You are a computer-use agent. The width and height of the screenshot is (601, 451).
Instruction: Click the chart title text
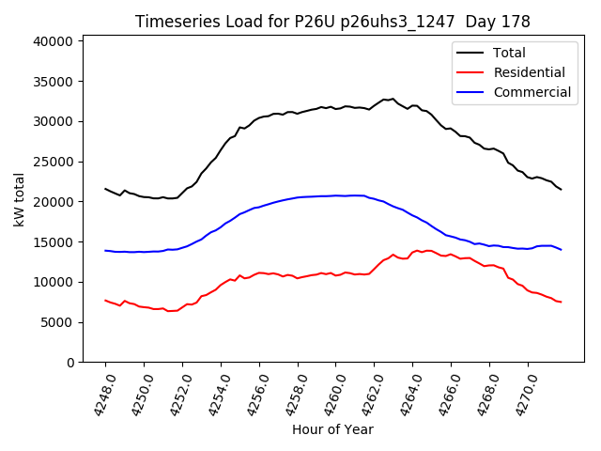[x=332, y=22]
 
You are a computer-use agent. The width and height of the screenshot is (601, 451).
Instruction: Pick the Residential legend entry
[x=529, y=72]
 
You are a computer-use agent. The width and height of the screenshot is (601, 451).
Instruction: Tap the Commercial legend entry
[x=532, y=92]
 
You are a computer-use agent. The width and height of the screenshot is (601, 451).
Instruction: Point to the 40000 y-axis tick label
[x=54, y=41]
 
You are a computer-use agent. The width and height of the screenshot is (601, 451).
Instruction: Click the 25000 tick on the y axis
[x=54, y=162]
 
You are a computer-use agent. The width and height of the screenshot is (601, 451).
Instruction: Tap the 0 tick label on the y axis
[x=70, y=363]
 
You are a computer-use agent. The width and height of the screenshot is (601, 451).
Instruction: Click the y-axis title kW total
[x=19, y=199]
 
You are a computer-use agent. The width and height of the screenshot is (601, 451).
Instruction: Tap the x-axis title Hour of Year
[x=332, y=429]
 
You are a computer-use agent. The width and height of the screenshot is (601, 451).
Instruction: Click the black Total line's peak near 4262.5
[x=384, y=99]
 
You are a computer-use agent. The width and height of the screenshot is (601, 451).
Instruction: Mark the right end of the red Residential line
[x=561, y=302]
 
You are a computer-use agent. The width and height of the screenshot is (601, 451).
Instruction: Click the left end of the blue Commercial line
[x=105, y=251]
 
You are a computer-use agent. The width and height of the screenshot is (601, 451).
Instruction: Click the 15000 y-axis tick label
[x=54, y=242]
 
